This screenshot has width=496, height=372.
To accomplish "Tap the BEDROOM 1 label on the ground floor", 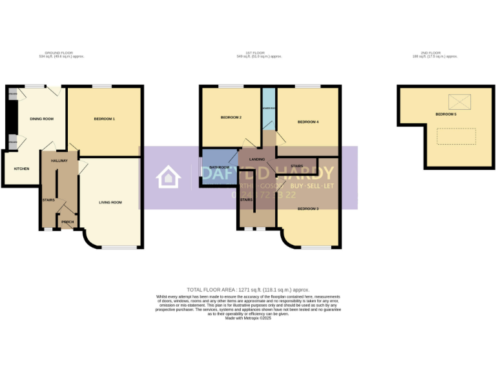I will click(x=104, y=119).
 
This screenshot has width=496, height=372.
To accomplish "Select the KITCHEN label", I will click(x=22, y=169).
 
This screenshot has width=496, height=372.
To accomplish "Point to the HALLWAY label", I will click(x=59, y=161).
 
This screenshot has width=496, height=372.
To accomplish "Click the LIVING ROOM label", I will click(x=110, y=203).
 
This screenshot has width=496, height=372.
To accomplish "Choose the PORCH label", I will click(x=67, y=223).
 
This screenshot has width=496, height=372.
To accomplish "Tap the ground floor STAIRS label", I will click(x=48, y=200).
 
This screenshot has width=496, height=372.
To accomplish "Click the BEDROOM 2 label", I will click(x=231, y=118).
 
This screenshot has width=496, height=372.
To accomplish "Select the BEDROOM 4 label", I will click(x=308, y=122).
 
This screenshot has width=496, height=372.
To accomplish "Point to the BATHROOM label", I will click(x=219, y=167).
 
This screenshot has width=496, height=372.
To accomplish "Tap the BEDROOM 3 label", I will click(x=308, y=209).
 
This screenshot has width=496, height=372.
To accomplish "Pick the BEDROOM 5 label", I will click(x=446, y=114).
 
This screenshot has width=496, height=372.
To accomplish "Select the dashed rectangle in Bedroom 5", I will click(x=456, y=136).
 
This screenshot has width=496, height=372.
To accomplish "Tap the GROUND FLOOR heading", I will click(x=61, y=53).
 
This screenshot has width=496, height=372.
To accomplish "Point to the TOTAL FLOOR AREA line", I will click(x=248, y=290).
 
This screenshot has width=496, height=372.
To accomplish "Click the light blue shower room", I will click(x=269, y=108).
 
